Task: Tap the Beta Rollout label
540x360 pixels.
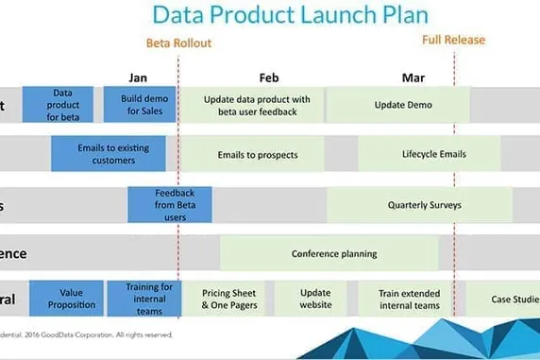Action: click(177, 43)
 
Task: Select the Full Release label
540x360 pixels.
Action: click(453, 40)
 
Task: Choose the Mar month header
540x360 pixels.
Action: click(412, 77)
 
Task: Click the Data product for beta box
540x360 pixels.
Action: click(62, 105)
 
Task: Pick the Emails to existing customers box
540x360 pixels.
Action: click(108, 153)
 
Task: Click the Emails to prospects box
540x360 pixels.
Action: click(257, 154)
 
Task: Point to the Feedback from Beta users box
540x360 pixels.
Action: click(170, 204)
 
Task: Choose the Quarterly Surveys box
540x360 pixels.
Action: click(419, 204)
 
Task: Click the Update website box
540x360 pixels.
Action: click(315, 299)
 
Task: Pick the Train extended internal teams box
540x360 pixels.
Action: click(409, 299)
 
